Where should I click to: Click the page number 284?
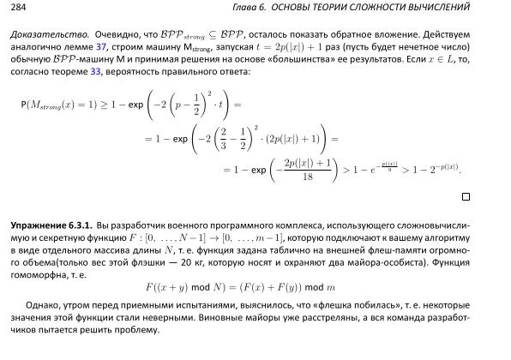[17, 8]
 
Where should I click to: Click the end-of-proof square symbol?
[466, 196]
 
